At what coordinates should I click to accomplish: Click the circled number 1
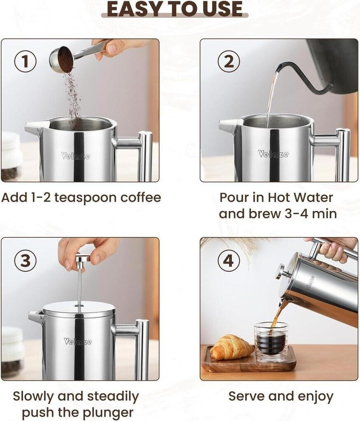pos(25,62)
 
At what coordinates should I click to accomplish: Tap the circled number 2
pos(229,62)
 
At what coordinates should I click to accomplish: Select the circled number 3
pos(25,260)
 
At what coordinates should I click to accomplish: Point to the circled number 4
pos(229,260)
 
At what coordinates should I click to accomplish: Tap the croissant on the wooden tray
pos(232,347)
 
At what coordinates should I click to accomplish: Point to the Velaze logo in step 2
pos(274,154)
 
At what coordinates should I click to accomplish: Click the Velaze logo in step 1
pos(76,156)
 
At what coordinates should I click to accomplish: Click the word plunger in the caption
pos(109,412)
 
